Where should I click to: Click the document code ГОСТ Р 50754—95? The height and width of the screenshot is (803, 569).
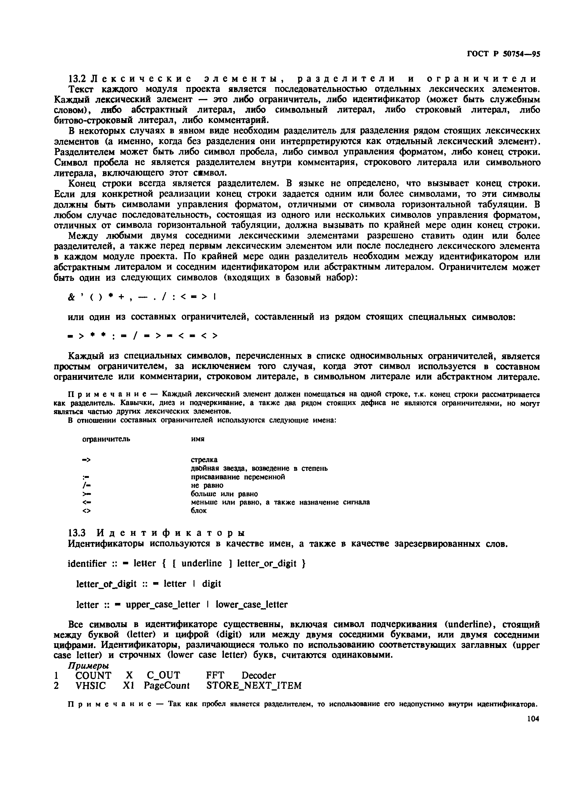(503, 54)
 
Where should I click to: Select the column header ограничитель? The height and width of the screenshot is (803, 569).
(106, 439)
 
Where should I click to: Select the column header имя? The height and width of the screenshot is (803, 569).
(198, 439)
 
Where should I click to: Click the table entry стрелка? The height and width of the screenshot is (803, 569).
(204, 460)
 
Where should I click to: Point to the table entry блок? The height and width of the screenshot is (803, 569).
(198, 511)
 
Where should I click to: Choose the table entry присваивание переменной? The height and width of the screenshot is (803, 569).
(238, 477)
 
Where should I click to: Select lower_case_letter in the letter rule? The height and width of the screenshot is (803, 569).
(251, 605)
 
